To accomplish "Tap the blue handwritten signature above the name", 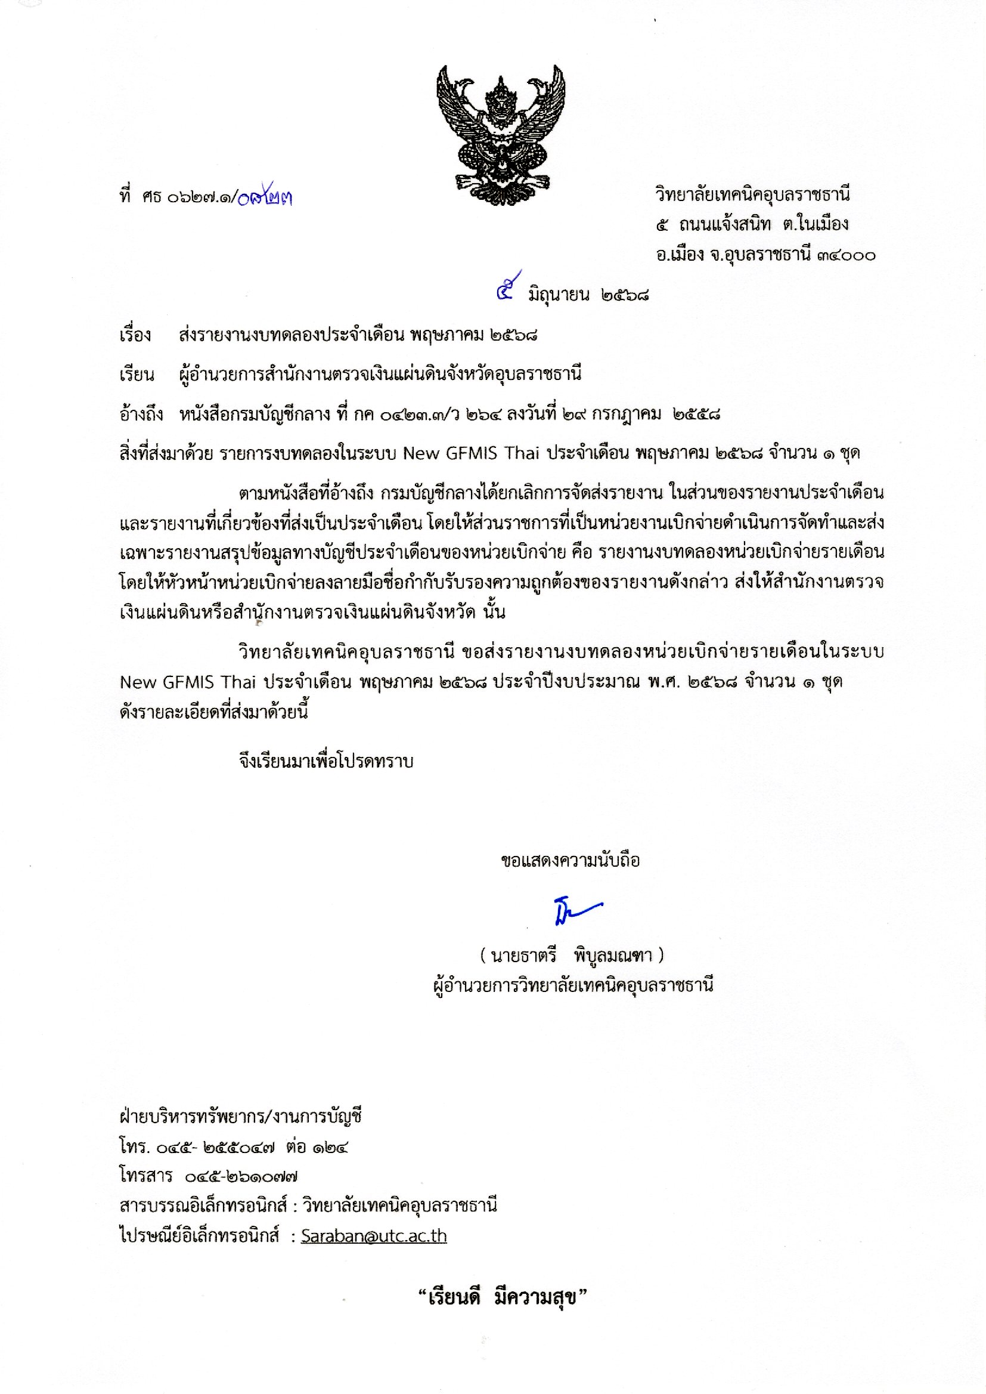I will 576,911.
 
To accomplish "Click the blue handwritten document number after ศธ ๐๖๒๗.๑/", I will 265,197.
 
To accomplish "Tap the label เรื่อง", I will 135,335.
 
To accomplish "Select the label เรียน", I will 137,374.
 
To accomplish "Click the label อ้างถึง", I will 141,414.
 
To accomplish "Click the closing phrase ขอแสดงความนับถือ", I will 570,861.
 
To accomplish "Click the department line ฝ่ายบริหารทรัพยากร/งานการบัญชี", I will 241,1117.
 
